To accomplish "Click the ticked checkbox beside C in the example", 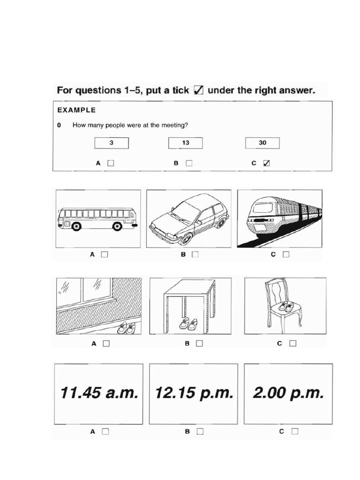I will pyautogui.click(x=267, y=164).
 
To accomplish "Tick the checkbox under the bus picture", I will pyautogui.click(x=105, y=255).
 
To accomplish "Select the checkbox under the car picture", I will pyautogui.click(x=195, y=255).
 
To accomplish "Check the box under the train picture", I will pyautogui.click(x=286, y=255).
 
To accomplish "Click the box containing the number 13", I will pyautogui.click(x=185, y=143).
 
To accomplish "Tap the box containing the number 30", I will pyautogui.click(x=262, y=143).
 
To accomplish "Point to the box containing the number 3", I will pyautogui.click(x=111, y=143).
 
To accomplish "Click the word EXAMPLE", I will pyautogui.click(x=76, y=111).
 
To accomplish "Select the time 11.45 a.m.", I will pyautogui.click(x=99, y=393).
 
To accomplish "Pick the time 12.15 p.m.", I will pyautogui.click(x=194, y=393).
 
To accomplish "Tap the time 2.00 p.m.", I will pyautogui.click(x=288, y=393).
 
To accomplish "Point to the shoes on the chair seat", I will pyautogui.click(x=286, y=307).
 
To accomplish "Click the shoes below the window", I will pyautogui.click(x=127, y=328).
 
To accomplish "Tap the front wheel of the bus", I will pyautogui.click(x=76, y=226).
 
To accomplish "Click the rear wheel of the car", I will pyautogui.click(x=220, y=223).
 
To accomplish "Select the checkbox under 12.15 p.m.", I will pyautogui.click(x=200, y=432).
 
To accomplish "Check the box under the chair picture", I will pyautogui.click(x=293, y=343).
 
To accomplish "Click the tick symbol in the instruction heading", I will pyautogui.click(x=199, y=90).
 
